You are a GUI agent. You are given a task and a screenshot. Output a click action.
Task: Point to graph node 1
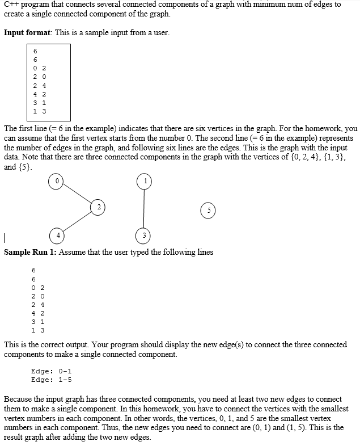coord(144,181)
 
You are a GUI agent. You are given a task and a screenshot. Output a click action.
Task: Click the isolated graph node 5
coord(209,209)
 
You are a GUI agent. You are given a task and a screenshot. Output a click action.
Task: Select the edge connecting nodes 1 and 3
coord(144,208)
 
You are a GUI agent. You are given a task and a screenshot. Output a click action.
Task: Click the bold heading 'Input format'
coord(28,32)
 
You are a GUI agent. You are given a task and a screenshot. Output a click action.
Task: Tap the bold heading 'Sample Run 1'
coord(29,252)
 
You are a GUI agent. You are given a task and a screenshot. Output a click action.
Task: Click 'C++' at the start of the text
coord(11,5)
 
